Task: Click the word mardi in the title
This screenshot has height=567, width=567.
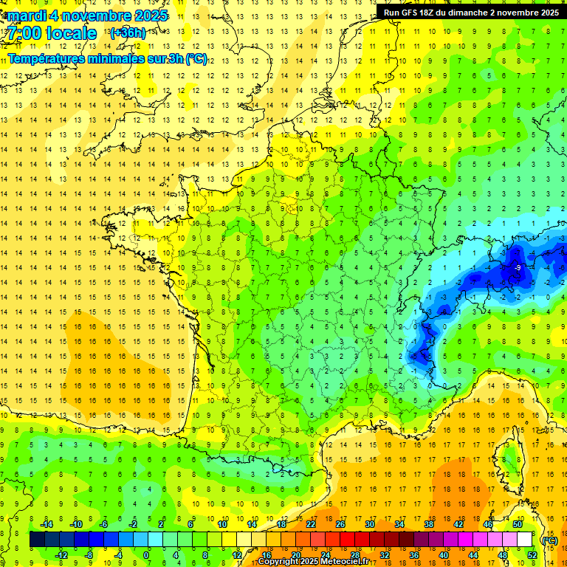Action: point(27,16)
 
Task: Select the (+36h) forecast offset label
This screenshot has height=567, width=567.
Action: point(127,32)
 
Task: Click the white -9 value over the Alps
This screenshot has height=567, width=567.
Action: point(519,267)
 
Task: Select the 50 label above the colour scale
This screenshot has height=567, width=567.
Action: point(517,524)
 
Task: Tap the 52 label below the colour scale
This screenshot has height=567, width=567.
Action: point(532,554)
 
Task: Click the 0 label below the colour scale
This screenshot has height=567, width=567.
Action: point(147,554)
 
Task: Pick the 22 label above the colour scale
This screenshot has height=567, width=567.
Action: point(311,524)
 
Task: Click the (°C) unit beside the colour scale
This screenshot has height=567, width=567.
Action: point(549,540)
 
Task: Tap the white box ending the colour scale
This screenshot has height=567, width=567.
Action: point(524,540)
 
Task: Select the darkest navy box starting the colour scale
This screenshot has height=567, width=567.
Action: point(37,540)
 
